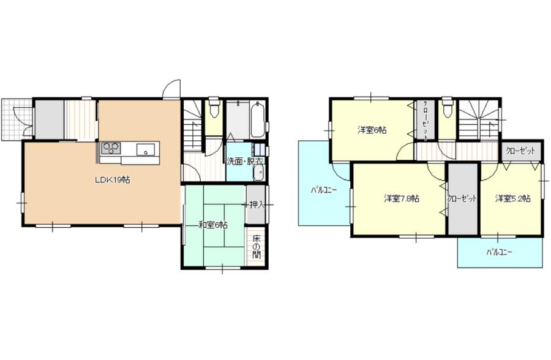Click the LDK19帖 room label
tap(113, 179)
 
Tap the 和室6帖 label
tap(212, 225)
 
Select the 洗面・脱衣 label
tap(245, 162)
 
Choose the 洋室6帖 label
tap(372, 130)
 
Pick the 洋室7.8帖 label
tap(401, 198)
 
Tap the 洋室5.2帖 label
tap(512, 198)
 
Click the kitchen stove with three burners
tap(111, 148)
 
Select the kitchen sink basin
tap(146, 149)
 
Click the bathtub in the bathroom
tap(258, 119)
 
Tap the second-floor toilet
tap(447, 107)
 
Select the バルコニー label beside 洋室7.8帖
tap(324, 190)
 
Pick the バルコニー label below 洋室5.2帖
tap(500, 252)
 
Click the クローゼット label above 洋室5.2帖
tap(520, 151)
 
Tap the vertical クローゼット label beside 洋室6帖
tap(425, 121)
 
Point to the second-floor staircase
tap(479, 119)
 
